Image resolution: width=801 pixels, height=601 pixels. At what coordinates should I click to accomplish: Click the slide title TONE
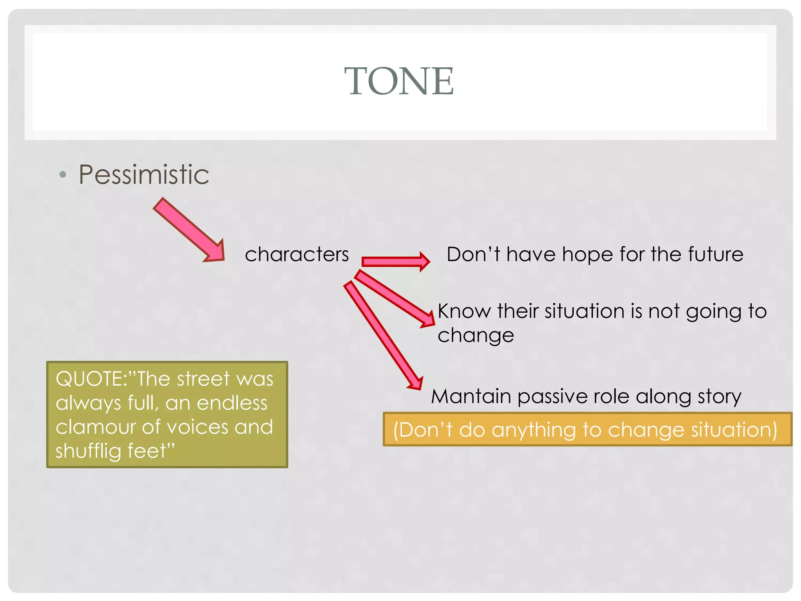pos(399,81)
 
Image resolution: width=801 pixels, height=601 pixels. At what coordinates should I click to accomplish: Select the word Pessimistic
pos(144,175)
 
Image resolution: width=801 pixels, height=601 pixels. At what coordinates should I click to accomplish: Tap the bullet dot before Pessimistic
pos(63,175)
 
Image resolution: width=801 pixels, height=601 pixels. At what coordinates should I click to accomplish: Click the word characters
pos(296,255)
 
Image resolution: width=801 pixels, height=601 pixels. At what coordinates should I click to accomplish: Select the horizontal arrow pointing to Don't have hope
pos(395,261)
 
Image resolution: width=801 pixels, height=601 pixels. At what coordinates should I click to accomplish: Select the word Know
pos(464,311)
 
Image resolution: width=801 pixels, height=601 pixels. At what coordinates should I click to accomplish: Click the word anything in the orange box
pos(534,430)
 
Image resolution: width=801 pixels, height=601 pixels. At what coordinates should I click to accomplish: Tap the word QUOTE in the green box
pos(90,379)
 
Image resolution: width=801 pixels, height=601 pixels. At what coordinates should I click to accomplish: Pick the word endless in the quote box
pos(232,403)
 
